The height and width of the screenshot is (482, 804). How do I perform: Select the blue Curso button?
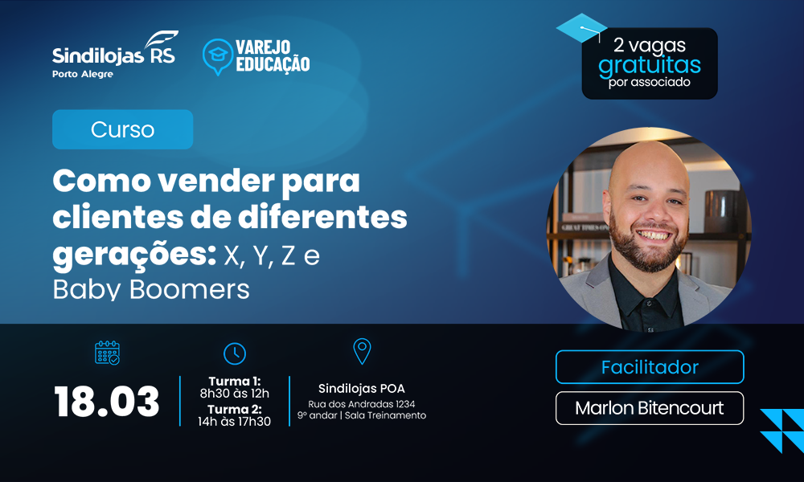pos(122,129)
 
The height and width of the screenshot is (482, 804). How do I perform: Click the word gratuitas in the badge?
pos(650,66)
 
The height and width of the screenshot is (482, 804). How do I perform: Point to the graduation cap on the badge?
pos(581,28)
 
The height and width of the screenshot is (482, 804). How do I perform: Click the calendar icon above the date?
pos(107,353)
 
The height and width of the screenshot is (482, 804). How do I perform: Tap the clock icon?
pos(235,353)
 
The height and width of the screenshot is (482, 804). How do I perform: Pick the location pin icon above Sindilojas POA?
pos(362,351)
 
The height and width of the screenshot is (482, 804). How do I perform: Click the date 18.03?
pos(107,401)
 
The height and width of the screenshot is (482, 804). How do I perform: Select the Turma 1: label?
pos(235,381)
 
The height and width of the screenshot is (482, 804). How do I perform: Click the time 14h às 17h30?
pos(235,421)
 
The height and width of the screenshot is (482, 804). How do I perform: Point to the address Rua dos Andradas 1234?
pos(362,404)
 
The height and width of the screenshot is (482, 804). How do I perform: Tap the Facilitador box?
pos(650,367)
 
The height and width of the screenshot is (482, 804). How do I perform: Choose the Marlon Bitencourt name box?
pos(650,408)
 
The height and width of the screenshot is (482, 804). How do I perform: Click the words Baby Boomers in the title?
pos(151,289)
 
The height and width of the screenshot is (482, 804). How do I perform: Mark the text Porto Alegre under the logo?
pos(83,74)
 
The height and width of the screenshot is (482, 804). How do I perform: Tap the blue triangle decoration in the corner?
pos(782,431)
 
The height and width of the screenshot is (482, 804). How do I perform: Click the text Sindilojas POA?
pos(362,389)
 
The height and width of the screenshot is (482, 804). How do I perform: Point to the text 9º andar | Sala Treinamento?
pos(362,415)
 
